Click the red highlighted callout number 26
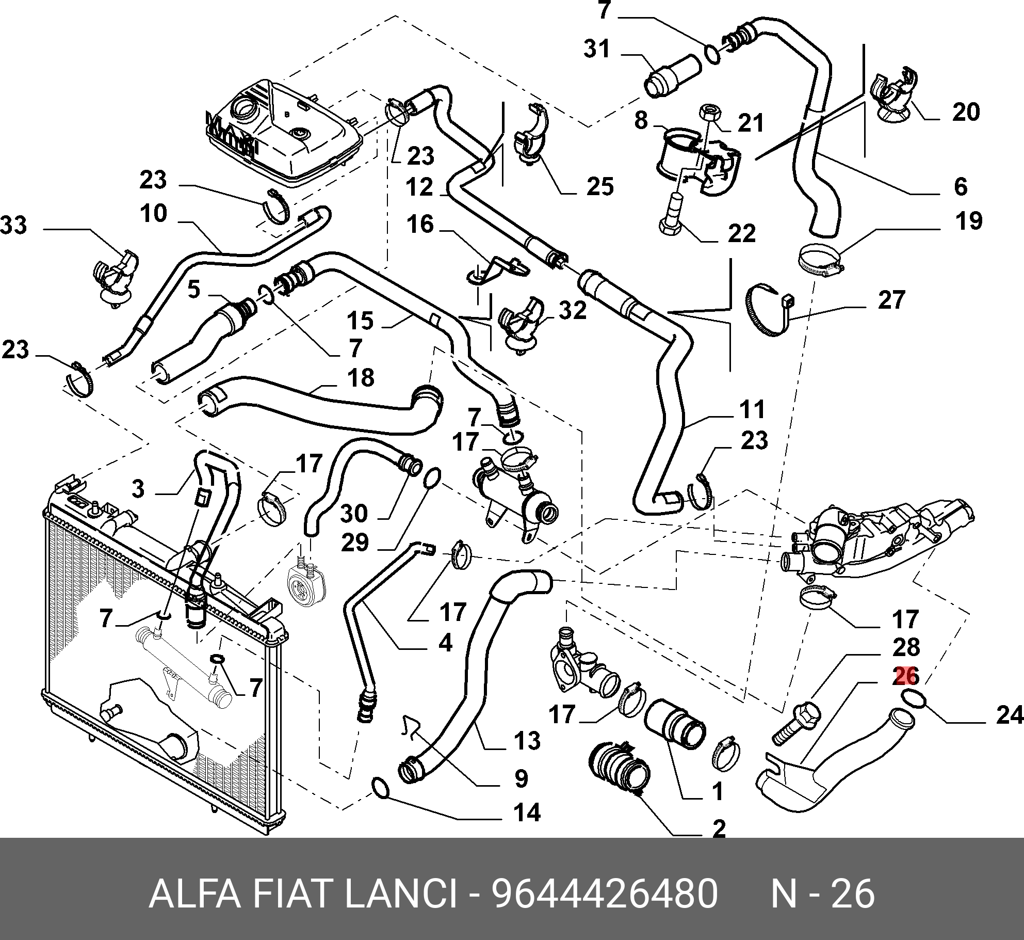pos(906,676)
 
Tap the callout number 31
pos(597,49)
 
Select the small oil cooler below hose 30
pos(302,583)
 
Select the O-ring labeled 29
pos(432,477)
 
